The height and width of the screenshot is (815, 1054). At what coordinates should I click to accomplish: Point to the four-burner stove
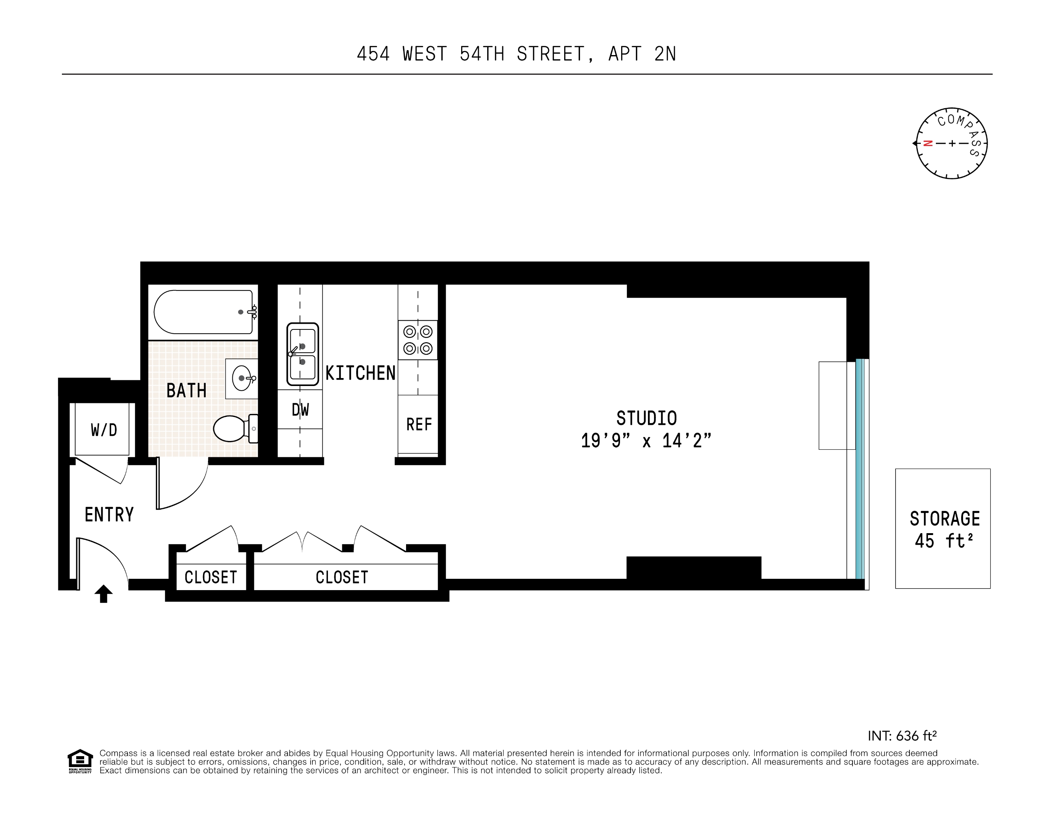pos(418,340)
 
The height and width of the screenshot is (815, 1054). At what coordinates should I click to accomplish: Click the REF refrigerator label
pos(419,424)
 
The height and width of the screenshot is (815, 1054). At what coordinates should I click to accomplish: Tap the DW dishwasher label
pos(300,410)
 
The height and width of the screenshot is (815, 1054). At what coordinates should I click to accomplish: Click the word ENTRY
pos(109,515)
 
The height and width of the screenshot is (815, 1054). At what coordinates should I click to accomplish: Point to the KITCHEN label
pos(360,373)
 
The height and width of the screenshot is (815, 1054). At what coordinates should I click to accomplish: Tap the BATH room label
pos(186,391)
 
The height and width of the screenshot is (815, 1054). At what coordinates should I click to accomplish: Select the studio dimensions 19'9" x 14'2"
pos(646,441)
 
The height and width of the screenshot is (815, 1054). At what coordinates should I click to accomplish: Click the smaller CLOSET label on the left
pos(211,577)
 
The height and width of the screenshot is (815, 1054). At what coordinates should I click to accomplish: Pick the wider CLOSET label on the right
pos(342,577)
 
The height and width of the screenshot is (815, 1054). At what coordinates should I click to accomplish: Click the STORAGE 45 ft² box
pos(943,529)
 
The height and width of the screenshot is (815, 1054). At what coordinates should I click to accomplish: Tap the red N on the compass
pos(928,143)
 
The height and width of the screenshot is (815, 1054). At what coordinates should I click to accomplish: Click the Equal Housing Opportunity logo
pos(80,761)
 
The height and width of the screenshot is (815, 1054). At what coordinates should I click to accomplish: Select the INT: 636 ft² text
pos(902,735)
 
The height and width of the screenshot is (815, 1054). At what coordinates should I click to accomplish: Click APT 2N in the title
pos(642,54)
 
